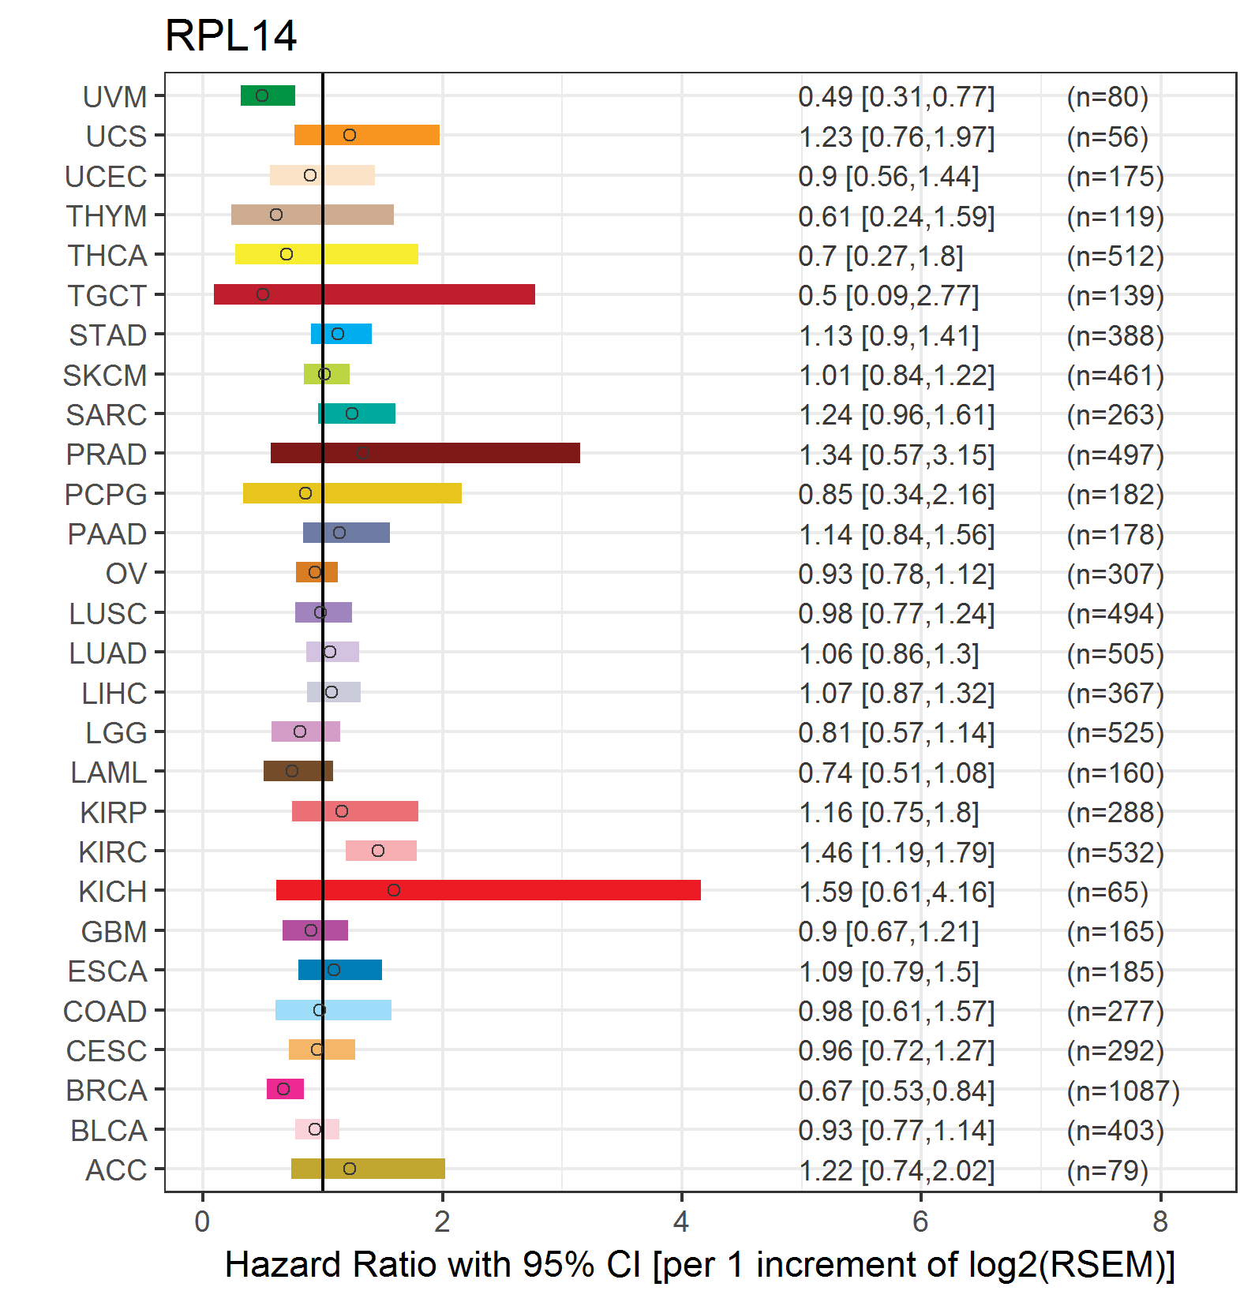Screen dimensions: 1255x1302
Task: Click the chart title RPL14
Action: (230, 36)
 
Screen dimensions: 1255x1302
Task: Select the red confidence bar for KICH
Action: (489, 890)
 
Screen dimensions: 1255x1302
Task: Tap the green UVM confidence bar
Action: (268, 95)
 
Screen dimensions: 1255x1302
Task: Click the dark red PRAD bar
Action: (425, 453)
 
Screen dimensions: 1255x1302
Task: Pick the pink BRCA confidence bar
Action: (285, 1089)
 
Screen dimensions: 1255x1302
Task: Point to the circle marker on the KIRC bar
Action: (378, 851)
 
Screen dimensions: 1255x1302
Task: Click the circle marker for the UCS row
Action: (350, 135)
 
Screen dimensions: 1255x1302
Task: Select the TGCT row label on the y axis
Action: (107, 296)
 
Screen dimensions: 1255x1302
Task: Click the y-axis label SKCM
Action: (105, 376)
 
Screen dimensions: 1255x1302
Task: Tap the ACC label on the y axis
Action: (116, 1170)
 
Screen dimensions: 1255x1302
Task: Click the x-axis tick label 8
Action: (1159, 1222)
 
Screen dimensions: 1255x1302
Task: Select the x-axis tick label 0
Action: (203, 1222)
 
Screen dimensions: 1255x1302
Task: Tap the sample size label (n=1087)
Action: (1123, 1091)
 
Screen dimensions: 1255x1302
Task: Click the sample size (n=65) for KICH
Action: (1107, 892)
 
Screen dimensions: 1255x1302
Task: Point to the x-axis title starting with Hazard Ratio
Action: (700, 1265)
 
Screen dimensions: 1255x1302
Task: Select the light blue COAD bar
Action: (333, 1010)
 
